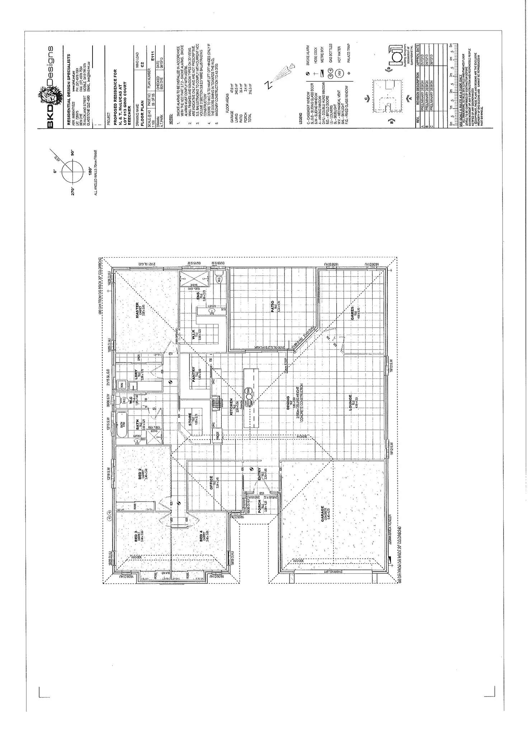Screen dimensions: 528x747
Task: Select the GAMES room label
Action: (x=353, y=313)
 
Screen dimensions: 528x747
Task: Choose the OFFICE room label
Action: (x=212, y=483)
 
